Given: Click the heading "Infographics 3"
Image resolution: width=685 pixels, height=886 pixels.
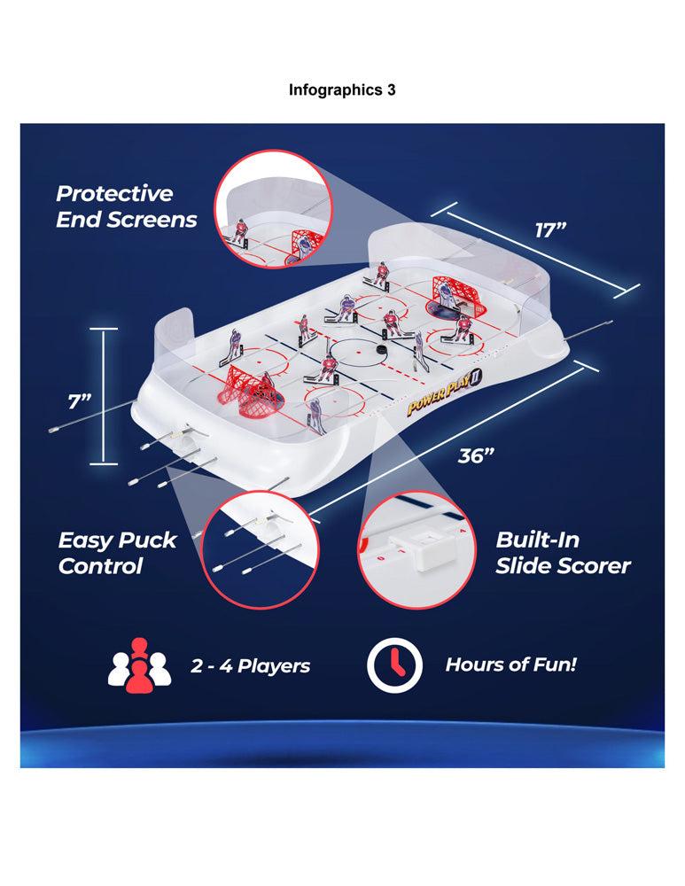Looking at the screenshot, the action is pos(342,89).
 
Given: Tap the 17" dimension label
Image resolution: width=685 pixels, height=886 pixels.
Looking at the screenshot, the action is pos(550,230).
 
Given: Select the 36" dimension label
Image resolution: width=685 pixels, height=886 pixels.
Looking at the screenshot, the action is pos(476,455).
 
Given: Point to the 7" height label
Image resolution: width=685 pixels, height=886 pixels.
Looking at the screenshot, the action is pos(80,401).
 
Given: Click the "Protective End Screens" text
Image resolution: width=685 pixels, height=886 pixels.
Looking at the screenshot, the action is pos(126,206).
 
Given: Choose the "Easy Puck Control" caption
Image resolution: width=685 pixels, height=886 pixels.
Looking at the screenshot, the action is pos(117,553).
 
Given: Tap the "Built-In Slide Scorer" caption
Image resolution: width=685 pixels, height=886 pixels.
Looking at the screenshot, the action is pos(563,553).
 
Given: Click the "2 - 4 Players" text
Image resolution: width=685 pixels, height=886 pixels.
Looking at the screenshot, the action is pos(250,665).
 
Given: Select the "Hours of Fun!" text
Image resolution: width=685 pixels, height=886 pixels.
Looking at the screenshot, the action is pos(511,664).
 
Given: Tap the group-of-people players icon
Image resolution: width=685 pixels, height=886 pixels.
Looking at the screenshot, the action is pos(140,665).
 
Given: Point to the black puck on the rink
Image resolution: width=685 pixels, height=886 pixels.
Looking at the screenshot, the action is pos(382,350).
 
